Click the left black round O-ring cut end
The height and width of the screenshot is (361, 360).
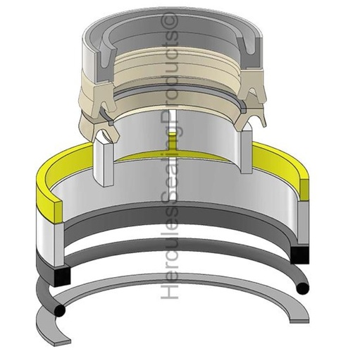pyautogui.click(x=59, y=310)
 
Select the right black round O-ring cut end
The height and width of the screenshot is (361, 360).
pyautogui.click(x=302, y=288)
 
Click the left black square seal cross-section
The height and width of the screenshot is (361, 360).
pyautogui.click(x=62, y=276)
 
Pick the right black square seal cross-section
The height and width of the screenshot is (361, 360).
pyautogui.click(x=299, y=255)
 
